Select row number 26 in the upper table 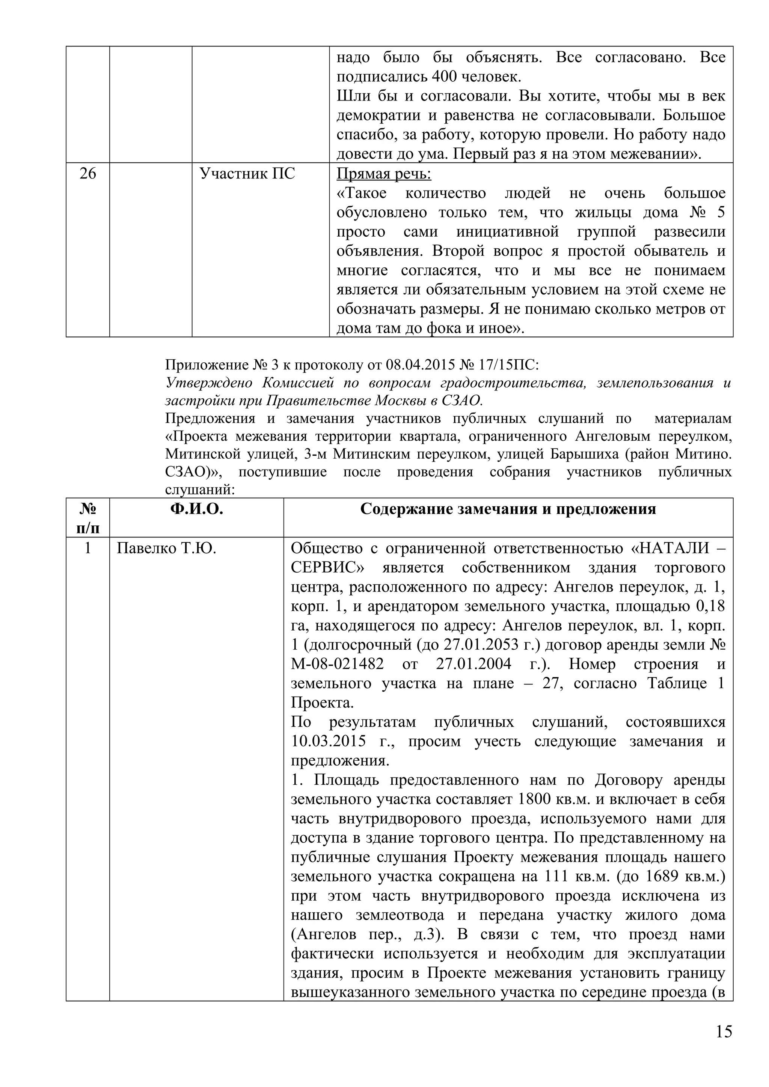tap(87, 174)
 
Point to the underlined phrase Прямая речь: tap(384, 174)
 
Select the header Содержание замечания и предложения tap(508, 509)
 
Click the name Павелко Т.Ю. tap(166, 548)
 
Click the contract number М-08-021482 tap(337, 664)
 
